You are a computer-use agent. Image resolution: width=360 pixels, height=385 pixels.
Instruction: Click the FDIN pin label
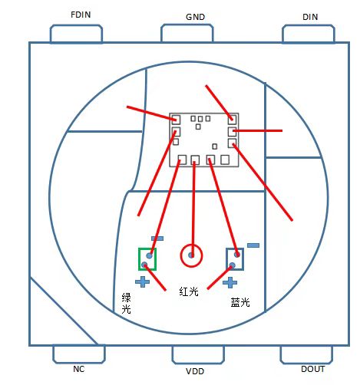pyautogui.click(x=81, y=15)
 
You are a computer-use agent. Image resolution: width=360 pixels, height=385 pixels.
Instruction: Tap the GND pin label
pyautogui.click(x=195, y=17)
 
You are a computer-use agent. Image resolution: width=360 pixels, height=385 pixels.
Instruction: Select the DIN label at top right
pyautogui.click(x=310, y=17)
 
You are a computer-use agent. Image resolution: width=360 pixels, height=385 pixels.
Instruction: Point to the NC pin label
pyautogui.click(x=78, y=369)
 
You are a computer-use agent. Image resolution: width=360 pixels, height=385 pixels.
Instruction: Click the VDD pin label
pyautogui.click(x=195, y=371)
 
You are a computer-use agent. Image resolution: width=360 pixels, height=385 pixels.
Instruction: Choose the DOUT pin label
pyautogui.click(x=313, y=369)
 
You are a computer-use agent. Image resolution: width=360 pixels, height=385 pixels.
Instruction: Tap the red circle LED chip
pyautogui.click(x=191, y=255)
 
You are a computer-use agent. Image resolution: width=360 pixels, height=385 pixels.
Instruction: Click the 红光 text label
pyautogui.click(x=189, y=291)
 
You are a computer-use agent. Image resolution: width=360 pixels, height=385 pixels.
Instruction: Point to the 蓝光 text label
pyautogui.click(x=240, y=302)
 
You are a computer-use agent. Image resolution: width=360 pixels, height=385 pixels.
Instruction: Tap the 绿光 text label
pyautogui.click(x=126, y=303)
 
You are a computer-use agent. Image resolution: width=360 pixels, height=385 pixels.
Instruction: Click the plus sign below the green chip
pyautogui.click(x=142, y=281)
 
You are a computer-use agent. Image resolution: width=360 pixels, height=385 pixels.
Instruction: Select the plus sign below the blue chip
pyautogui.click(x=230, y=282)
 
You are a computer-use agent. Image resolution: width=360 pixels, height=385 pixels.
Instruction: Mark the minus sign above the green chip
pyautogui.click(x=157, y=239)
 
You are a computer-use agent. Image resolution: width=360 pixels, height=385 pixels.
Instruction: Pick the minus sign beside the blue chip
pyautogui.click(x=253, y=245)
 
